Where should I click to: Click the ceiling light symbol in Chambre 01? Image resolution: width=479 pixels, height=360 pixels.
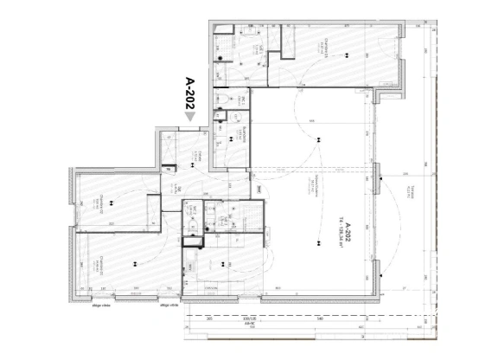349,57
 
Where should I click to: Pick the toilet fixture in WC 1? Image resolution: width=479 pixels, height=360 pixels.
223,103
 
